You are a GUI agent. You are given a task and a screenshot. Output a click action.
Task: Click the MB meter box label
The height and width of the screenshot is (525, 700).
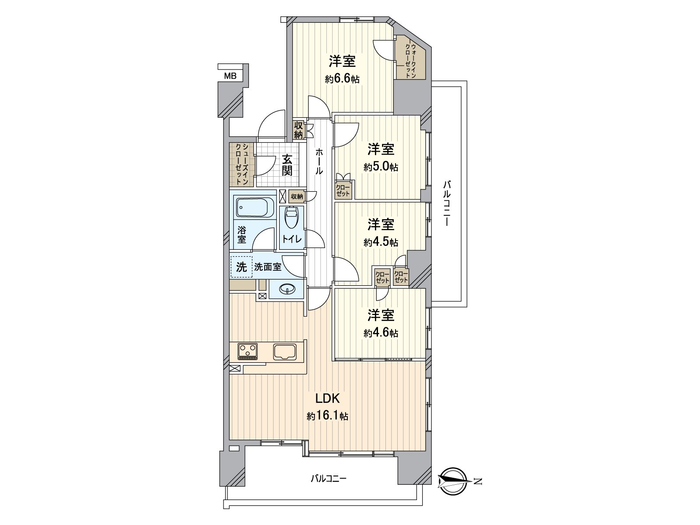click(x=230, y=76)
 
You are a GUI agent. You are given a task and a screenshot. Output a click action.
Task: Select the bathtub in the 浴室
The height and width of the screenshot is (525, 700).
click(x=255, y=207)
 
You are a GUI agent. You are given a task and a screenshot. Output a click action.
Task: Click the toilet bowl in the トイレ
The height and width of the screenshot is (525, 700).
click(x=290, y=217)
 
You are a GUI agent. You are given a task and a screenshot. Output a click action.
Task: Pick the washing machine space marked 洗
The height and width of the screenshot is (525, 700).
click(x=241, y=267)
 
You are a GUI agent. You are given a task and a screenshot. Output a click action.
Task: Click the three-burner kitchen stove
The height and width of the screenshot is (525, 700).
click(x=248, y=351)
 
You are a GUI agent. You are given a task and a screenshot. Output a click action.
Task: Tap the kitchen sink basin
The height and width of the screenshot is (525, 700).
click(x=285, y=352)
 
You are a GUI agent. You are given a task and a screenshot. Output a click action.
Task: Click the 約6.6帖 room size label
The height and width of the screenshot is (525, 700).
click(x=342, y=79)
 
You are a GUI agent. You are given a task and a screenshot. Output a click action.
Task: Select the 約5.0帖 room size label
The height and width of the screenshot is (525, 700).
click(x=381, y=167)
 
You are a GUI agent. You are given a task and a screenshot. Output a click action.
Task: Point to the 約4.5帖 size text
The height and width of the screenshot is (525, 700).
click(x=381, y=242)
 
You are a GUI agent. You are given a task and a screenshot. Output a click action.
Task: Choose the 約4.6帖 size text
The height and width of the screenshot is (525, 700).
click(x=381, y=333)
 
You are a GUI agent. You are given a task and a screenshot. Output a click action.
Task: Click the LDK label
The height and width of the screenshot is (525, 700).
click(x=328, y=398)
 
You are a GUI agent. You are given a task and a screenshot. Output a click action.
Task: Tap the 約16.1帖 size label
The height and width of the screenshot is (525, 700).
click(x=328, y=416)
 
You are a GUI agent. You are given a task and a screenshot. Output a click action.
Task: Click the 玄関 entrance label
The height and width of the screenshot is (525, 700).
click(x=287, y=165)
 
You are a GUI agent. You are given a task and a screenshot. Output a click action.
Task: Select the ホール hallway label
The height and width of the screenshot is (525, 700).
click(x=319, y=161)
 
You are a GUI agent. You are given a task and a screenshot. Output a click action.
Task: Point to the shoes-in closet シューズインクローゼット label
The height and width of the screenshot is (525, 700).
click(x=241, y=164)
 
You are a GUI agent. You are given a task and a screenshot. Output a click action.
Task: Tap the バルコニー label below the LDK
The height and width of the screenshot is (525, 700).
click(x=329, y=487)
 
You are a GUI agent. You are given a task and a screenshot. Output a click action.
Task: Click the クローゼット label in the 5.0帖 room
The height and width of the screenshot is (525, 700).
click(x=343, y=191)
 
